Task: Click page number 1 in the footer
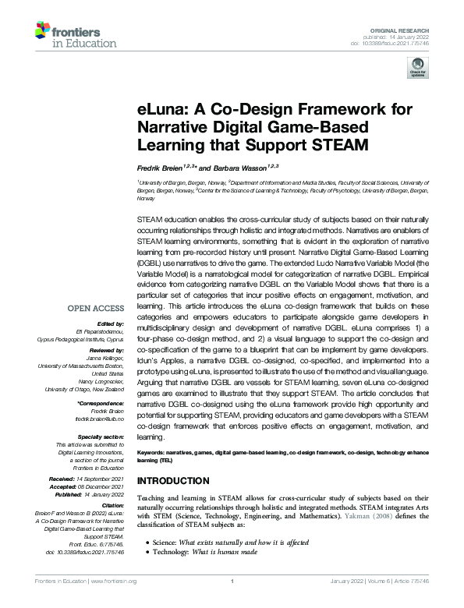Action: [232, 602]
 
